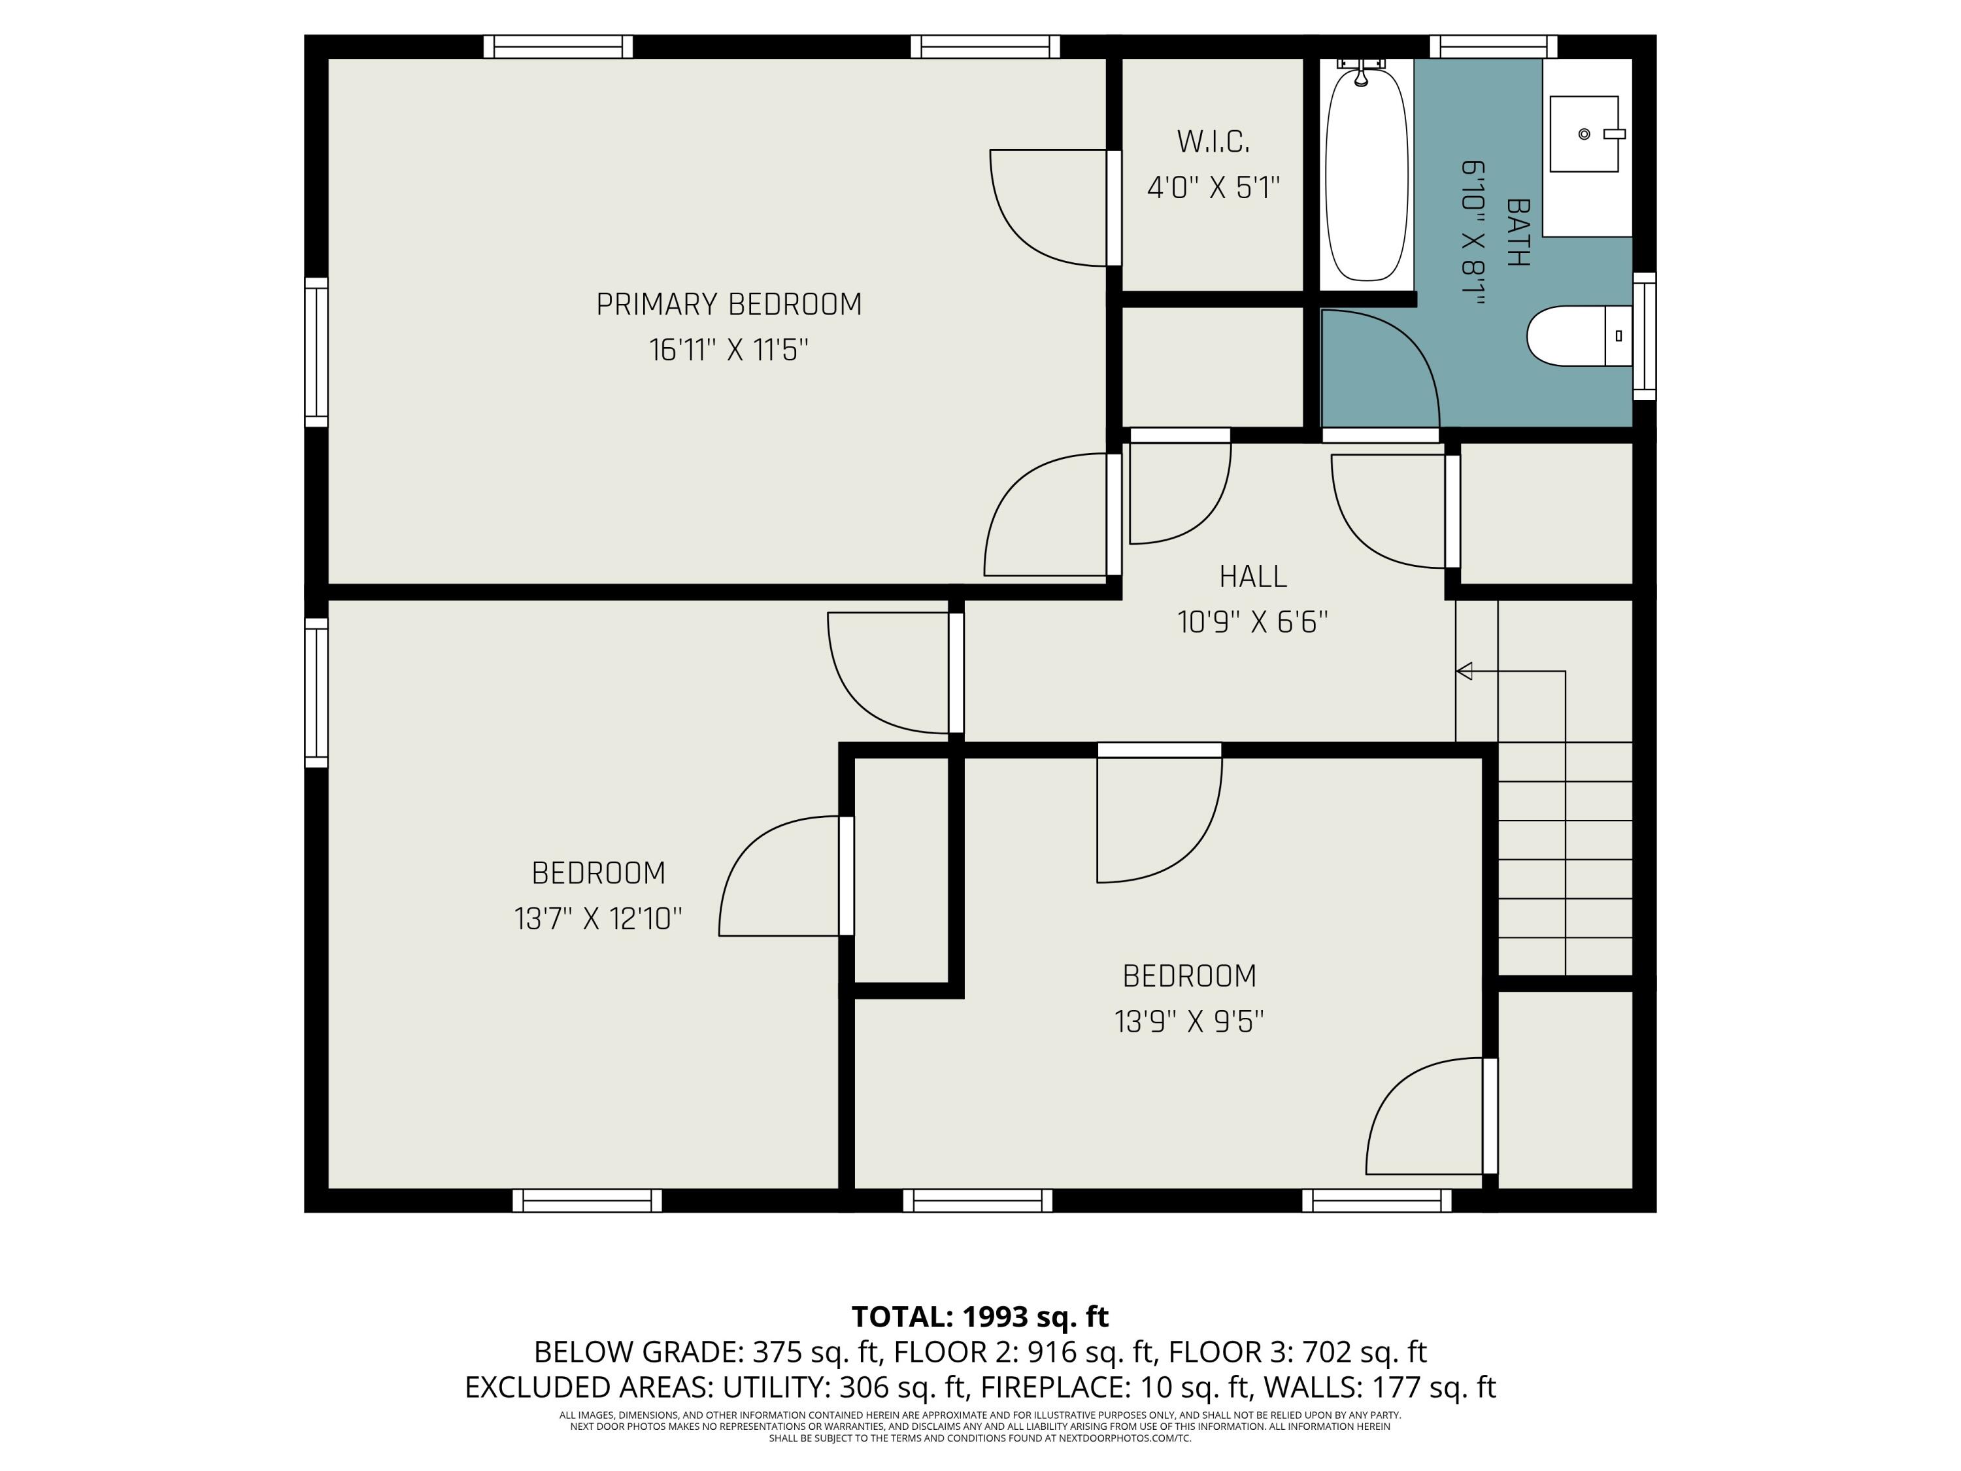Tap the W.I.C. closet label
click(1213, 141)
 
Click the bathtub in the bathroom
click(1366, 174)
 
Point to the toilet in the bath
click(1578, 336)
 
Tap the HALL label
click(1252, 577)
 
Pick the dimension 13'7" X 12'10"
click(598, 919)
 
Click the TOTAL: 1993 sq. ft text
click(980, 1317)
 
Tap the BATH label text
click(1518, 232)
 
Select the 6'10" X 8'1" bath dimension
click(1473, 232)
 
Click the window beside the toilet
click(1643, 336)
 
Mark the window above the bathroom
click(1493, 46)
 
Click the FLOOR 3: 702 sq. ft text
click(1297, 1352)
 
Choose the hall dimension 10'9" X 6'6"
click(1252, 622)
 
